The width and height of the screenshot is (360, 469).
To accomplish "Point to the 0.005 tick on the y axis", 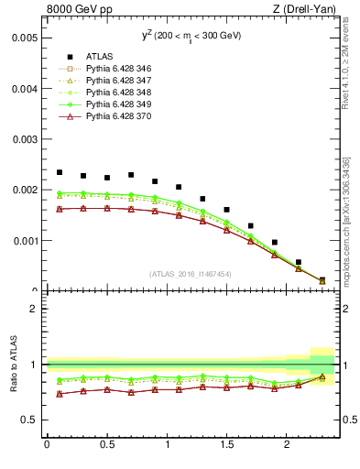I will (x=25, y=38).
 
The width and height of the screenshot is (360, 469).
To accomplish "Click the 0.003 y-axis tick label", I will (x=25, y=139).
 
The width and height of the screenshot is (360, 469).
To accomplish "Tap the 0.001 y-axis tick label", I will (x=25, y=241).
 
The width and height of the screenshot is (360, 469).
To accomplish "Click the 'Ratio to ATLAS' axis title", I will (x=13, y=365).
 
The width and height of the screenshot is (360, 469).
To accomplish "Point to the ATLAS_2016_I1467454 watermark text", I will (x=189, y=273).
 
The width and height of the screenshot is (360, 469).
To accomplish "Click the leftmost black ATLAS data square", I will (x=60, y=172).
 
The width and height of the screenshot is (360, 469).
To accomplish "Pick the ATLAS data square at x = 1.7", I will (x=251, y=225).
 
